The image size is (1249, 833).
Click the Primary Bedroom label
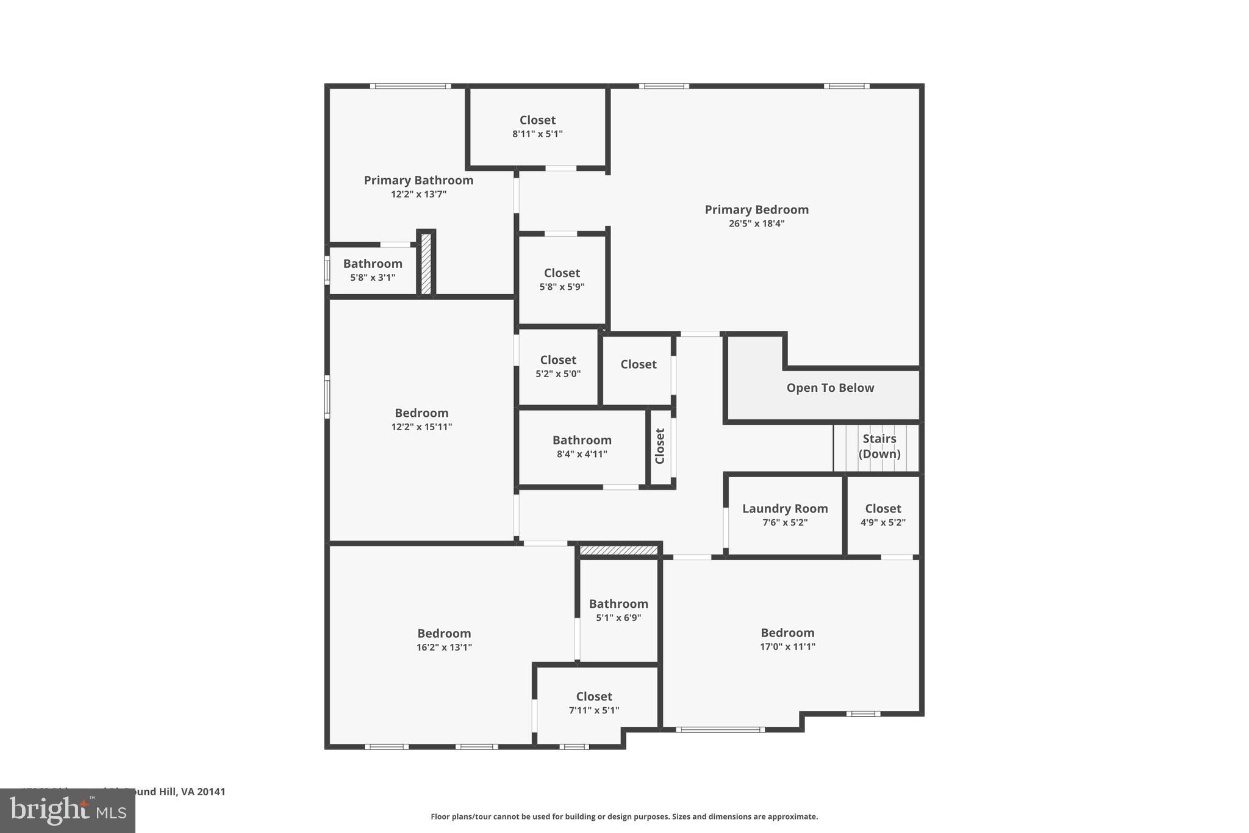(756, 209)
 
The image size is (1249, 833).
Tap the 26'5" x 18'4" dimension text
(756, 224)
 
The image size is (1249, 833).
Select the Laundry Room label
(785, 508)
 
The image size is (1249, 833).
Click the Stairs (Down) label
(879, 446)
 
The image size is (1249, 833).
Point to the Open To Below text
(830, 388)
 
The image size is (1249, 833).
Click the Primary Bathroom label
(418, 180)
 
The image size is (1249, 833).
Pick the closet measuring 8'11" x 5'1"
(537, 126)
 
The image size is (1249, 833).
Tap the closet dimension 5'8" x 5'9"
(562, 287)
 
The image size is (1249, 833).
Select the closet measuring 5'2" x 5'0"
(558, 366)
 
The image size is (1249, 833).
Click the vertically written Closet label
(660, 446)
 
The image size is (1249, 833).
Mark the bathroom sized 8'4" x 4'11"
(582, 447)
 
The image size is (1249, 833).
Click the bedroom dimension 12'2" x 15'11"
(421, 427)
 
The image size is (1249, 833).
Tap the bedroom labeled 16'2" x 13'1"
(444, 640)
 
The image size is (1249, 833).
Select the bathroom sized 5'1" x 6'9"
(618, 610)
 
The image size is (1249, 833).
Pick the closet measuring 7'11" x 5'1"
(594, 703)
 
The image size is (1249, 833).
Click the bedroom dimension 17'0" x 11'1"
(787, 647)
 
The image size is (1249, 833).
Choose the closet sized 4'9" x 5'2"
(882, 515)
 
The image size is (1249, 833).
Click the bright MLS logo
(68, 810)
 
